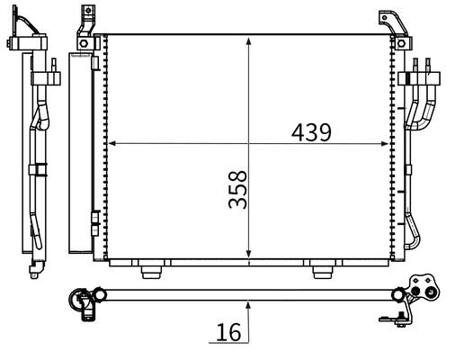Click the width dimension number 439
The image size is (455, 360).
311,131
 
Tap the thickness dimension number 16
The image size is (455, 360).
228,332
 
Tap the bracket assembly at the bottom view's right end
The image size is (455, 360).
418,293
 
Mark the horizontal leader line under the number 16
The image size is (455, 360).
229,343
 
